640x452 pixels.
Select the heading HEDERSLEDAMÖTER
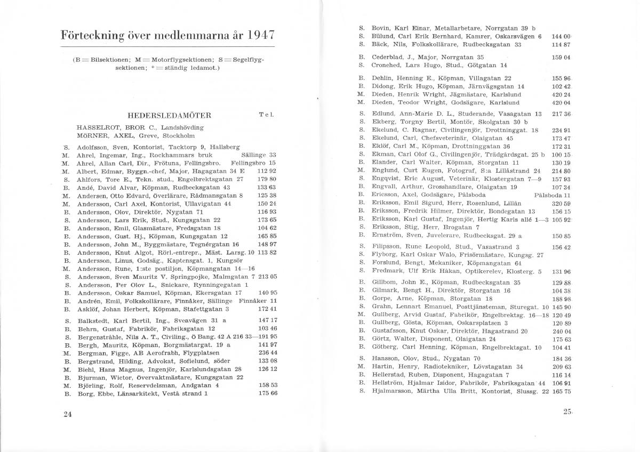[170, 115]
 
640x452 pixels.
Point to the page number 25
[567, 411]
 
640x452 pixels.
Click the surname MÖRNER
[92, 136]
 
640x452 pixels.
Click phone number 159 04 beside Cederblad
[562, 57]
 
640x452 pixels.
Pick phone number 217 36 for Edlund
[562, 114]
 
